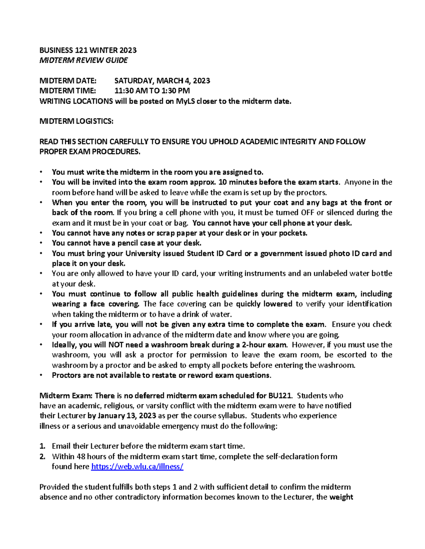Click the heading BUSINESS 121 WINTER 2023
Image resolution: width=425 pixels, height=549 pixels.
point(88,50)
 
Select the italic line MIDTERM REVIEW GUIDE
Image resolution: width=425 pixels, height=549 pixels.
point(84,60)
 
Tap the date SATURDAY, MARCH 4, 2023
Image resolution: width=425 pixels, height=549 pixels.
point(162,81)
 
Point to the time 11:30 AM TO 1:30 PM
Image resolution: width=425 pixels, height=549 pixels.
point(152,91)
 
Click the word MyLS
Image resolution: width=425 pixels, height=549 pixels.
point(185,101)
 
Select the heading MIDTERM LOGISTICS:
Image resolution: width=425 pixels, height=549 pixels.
point(76,122)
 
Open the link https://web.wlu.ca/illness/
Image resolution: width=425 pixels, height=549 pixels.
point(137,467)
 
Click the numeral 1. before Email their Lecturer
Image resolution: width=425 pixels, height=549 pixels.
point(42,446)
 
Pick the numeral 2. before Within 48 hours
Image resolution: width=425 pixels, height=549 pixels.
point(42,456)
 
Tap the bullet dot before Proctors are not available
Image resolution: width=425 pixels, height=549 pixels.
point(41,375)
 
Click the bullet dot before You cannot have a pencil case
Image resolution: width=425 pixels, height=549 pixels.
point(41,243)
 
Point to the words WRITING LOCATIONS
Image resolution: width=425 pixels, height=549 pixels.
point(76,101)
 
